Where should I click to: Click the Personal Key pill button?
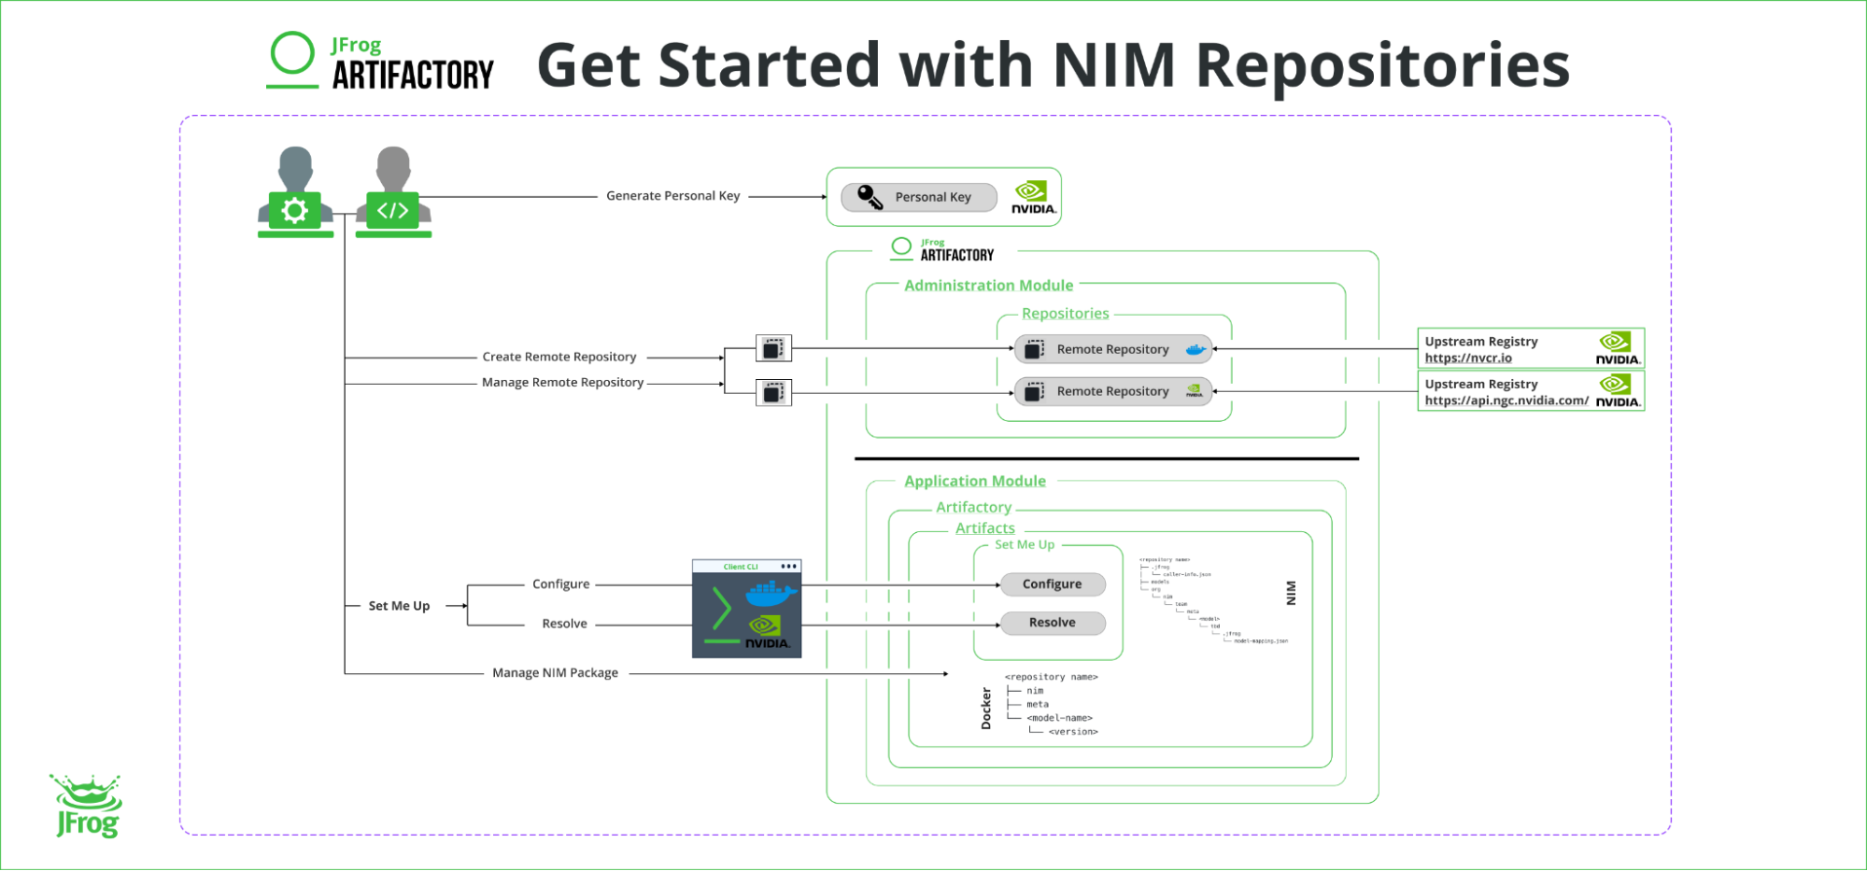click(919, 197)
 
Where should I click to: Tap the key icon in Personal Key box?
click(870, 196)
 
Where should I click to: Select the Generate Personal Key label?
click(672, 196)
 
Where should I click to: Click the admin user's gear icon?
click(294, 210)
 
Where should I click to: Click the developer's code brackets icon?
click(392, 210)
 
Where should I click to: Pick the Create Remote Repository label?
click(559, 357)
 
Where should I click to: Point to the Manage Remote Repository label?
click(562, 383)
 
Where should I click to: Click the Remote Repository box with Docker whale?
click(1112, 349)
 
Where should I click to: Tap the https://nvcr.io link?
click(1467, 358)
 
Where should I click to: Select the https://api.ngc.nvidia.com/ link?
click(1506, 400)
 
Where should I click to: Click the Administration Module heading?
click(988, 286)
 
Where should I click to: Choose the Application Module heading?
click(974, 481)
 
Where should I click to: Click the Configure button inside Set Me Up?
click(1052, 584)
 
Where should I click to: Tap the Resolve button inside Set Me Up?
click(1052, 623)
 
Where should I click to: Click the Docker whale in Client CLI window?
click(771, 593)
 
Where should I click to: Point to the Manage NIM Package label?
click(555, 673)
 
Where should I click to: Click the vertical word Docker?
click(986, 709)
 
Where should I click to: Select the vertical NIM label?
click(1291, 593)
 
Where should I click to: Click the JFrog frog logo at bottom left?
click(86, 806)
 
